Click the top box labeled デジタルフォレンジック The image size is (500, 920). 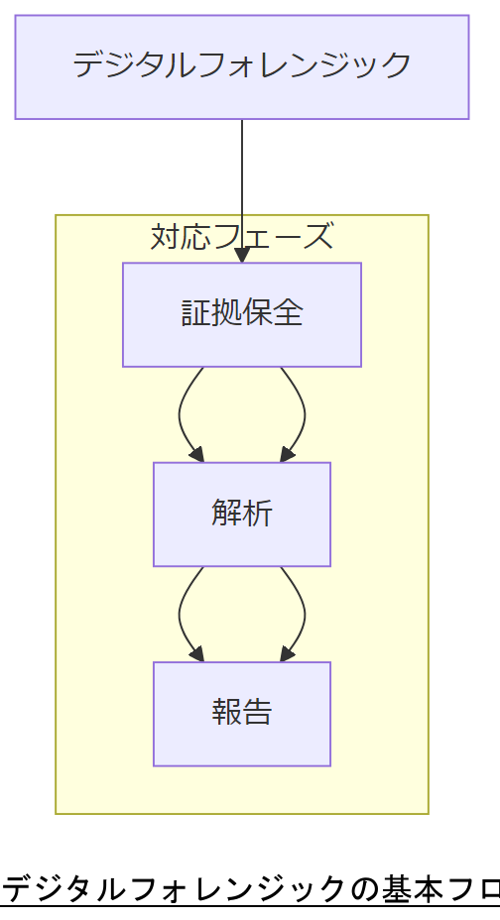(241, 66)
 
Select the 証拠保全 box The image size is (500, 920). (241, 314)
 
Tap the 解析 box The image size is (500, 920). (241, 514)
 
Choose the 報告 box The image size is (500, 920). (241, 714)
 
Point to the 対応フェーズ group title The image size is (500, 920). (241, 237)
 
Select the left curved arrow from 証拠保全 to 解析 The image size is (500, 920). (181, 414)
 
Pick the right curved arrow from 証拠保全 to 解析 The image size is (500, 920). (303, 414)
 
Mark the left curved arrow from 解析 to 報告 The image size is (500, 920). (181, 615)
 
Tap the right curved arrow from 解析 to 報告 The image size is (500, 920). (303, 615)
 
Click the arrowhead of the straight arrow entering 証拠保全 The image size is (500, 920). (242, 256)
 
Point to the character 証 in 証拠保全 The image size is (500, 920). (195, 314)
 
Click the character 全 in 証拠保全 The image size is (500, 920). (288, 314)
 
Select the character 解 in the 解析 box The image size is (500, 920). (226, 514)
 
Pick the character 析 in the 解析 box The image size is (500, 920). (257, 514)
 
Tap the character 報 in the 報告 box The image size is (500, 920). (226, 714)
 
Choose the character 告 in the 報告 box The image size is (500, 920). (257, 714)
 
